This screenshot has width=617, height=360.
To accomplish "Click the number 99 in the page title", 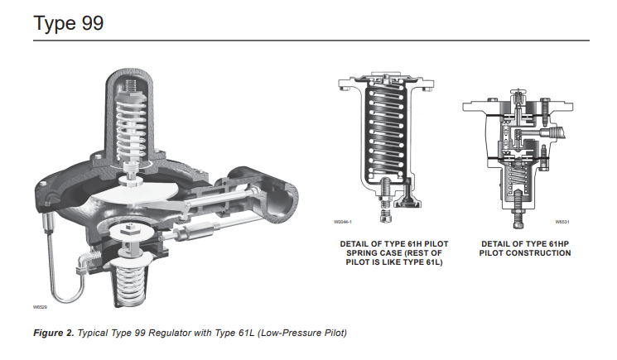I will (91, 22).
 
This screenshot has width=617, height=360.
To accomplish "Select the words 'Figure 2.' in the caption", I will (53, 333).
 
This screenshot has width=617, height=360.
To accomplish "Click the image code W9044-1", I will (343, 222).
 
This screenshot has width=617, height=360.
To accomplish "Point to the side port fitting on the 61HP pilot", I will (565, 130).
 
